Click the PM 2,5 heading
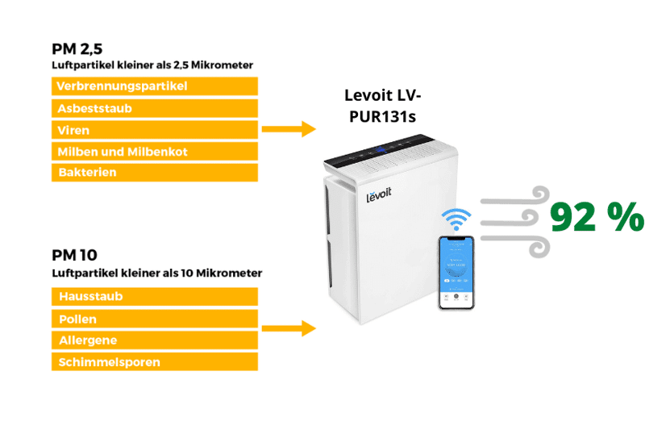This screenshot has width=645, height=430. (77, 48)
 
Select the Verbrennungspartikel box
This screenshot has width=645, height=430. (155, 86)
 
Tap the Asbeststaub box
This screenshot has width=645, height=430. (155, 108)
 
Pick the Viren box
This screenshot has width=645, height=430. (155, 130)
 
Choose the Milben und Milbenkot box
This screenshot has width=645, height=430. (155, 152)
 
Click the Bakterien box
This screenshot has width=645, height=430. (155, 173)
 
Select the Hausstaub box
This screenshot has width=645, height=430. (155, 297)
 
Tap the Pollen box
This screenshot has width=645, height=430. (155, 319)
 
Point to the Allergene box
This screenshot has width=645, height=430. (155, 340)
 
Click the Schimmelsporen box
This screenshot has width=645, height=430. (155, 362)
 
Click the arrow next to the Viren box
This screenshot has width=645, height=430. (288, 129)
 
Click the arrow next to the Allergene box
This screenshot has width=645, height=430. (288, 328)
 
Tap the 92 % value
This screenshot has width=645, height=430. (597, 217)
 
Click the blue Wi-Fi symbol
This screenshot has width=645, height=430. (456, 219)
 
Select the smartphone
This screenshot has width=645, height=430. (456, 273)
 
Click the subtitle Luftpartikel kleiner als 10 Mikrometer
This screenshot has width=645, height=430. (156, 273)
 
